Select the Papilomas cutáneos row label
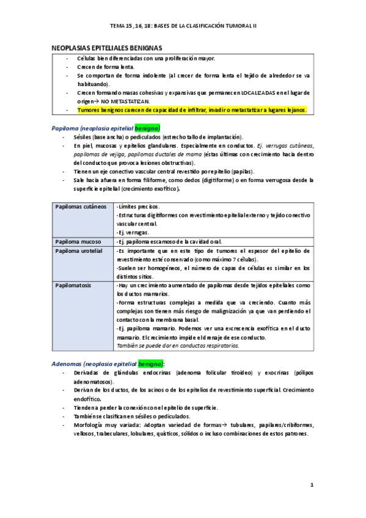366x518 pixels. coord(81,207)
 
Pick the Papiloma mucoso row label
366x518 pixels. coord(78,241)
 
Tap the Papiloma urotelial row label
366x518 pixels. coord(80,250)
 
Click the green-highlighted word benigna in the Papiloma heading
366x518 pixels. coord(146,128)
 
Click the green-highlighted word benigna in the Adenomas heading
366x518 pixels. coord(150,363)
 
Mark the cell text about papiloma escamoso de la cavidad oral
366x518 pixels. coord(177,241)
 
